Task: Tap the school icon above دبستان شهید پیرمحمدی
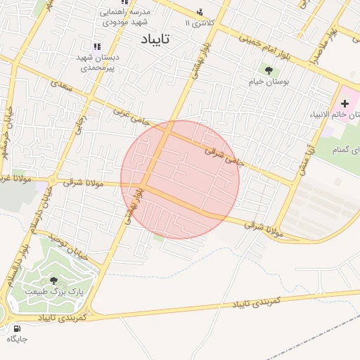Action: (x=97, y=46)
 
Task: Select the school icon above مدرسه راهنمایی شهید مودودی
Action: (x=125, y=2)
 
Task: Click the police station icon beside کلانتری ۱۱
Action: (x=200, y=12)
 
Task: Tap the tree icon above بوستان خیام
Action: (x=269, y=70)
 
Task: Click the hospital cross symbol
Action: (x=345, y=104)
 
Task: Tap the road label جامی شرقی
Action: (x=224, y=155)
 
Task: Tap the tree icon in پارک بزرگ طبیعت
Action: (x=54, y=280)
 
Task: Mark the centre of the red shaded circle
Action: (x=180, y=179)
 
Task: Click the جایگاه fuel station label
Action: (x=17, y=339)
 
